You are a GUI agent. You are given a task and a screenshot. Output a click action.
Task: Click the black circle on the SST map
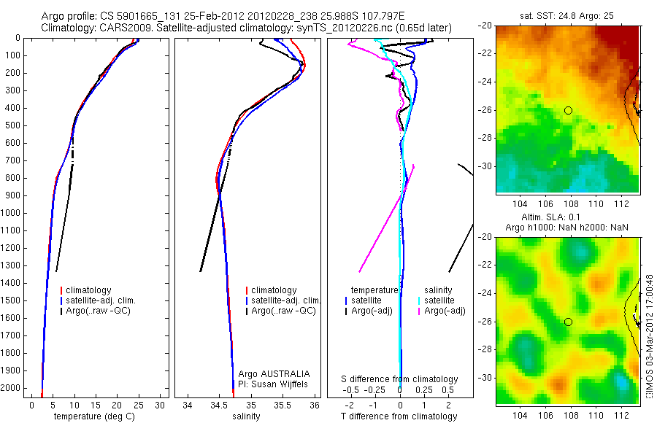point(568,110)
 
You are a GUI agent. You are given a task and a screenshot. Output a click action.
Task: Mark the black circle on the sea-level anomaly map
point(568,322)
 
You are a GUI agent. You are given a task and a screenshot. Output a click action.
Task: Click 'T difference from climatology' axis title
point(399,416)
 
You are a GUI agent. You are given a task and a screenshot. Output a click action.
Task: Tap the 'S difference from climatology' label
point(400,379)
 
